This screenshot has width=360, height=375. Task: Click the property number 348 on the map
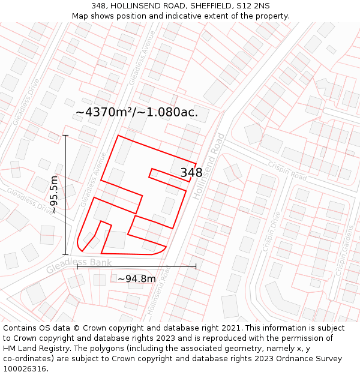[191, 173]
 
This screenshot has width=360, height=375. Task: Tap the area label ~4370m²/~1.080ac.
[136, 112]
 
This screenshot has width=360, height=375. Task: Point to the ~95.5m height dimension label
[54, 195]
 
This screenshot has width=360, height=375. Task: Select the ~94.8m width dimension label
[136, 278]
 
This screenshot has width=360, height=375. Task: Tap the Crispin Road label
[287, 172]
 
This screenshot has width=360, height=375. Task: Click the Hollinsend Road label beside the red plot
[208, 166]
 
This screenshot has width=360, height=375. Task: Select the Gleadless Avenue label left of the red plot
[93, 179]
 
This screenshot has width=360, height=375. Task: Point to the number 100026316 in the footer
[26, 368]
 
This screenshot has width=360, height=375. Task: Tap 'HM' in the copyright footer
[10, 348]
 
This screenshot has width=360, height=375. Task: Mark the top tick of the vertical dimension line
[65, 136]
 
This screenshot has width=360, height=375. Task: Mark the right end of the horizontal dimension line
[196, 266]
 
